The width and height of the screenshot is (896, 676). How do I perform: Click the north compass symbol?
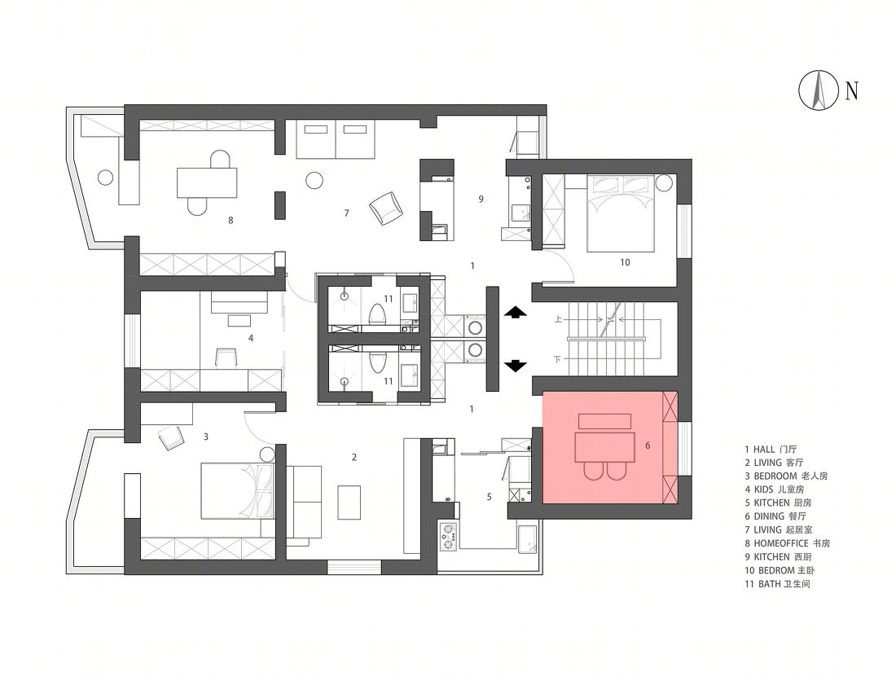point(819,90)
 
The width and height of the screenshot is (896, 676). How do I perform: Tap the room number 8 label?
point(231,220)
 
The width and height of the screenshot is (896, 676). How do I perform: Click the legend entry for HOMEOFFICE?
point(787,543)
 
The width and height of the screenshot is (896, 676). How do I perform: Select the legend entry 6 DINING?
point(775,516)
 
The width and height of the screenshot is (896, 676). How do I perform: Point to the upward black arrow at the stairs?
point(516,312)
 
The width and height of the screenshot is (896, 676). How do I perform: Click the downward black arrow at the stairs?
point(516,366)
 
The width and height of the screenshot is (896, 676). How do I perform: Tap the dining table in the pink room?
point(605,447)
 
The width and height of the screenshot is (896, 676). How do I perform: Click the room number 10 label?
point(625,262)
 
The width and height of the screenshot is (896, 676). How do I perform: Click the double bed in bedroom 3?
point(239,490)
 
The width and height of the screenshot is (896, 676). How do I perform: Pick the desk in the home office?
point(207,182)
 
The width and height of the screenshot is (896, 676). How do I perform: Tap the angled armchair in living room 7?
point(386,208)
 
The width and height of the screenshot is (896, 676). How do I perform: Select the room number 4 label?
point(251,338)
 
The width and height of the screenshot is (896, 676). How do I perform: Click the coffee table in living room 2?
point(349,503)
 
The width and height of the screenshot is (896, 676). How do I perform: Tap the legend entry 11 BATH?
point(777,584)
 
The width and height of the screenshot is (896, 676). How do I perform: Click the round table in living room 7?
point(315,180)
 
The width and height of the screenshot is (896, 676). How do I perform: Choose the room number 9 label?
point(481,199)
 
